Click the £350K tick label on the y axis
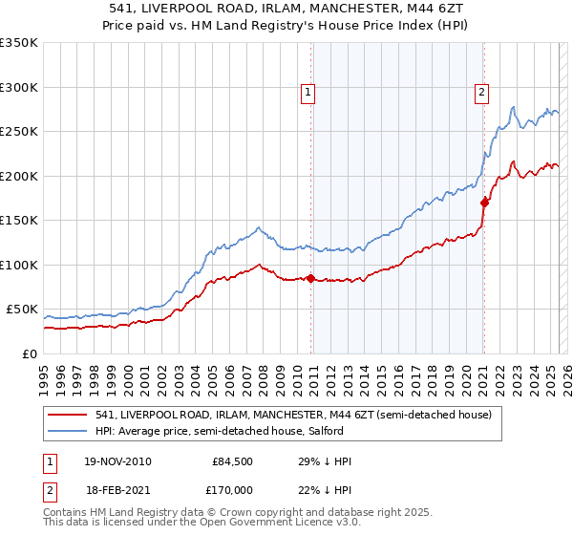coord(18,43)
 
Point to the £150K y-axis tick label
coord(18,221)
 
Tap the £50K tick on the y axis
coord(22,310)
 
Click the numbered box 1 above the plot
coord(309,93)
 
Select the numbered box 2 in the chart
coord(481,93)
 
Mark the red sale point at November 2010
coord(311,278)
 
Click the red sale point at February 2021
coord(484,203)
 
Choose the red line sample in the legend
coord(68,415)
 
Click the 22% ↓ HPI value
coord(325,490)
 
